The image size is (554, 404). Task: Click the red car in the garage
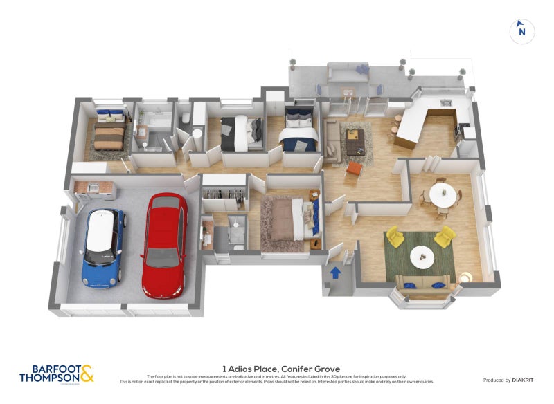click(x=165, y=246)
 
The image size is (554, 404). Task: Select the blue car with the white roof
click(x=104, y=247)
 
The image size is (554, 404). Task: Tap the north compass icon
click(x=521, y=30)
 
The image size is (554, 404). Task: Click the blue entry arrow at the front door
click(x=335, y=273)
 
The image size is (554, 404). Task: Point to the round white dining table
click(x=443, y=193)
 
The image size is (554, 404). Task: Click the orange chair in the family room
click(x=354, y=167)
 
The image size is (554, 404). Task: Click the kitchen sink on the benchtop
click(x=446, y=104)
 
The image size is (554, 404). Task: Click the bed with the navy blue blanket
click(x=299, y=132)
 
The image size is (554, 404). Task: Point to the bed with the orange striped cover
click(x=109, y=134)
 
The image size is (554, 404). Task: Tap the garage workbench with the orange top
click(x=96, y=187)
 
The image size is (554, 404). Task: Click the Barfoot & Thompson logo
click(x=56, y=374)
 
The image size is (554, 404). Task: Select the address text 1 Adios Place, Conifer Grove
click(x=280, y=369)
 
